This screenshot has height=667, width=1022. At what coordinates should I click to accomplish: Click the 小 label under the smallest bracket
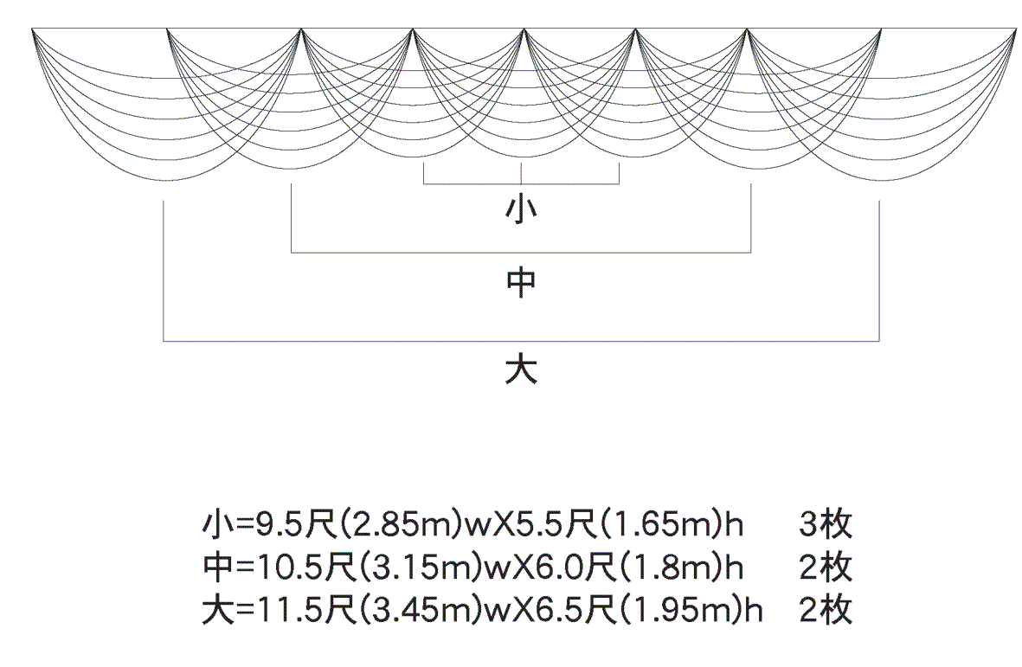pos(521,209)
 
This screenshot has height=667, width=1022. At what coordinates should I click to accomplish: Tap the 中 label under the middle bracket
pos(521,283)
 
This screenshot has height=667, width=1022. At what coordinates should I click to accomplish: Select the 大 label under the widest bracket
pos(521,369)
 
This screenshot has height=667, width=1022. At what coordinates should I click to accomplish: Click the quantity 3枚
pos(826,524)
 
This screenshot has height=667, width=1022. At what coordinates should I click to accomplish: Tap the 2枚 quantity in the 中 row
pos(826,568)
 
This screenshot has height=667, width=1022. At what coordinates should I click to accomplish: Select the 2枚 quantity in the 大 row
pos(826,610)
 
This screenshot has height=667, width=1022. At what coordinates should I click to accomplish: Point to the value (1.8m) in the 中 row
pos(671,568)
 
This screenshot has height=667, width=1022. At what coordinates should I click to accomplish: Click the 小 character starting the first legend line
pos(217,524)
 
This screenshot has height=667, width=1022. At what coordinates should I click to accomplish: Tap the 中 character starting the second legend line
pos(217,568)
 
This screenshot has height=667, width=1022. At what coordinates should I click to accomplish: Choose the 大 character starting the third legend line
pos(217,610)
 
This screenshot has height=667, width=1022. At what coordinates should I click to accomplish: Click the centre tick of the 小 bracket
pos(522,174)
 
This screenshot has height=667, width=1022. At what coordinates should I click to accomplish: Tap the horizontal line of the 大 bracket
pos(521,341)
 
